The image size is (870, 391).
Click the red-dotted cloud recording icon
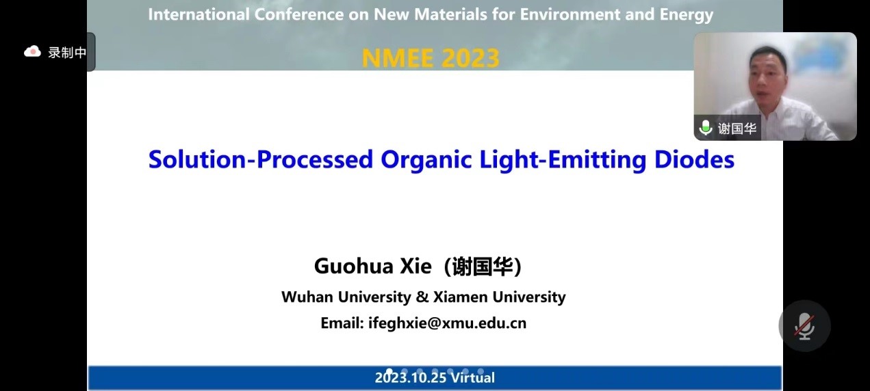(32, 52)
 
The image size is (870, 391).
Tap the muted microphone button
(804, 326)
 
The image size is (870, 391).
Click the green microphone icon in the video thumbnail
(706, 128)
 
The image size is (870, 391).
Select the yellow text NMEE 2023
(431, 58)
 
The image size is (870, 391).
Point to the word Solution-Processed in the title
(261, 159)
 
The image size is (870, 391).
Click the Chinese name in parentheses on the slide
(483, 267)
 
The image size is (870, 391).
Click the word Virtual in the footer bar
(472, 377)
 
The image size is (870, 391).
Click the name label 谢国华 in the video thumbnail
(737, 128)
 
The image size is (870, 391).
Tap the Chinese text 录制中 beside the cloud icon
(67, 53)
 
